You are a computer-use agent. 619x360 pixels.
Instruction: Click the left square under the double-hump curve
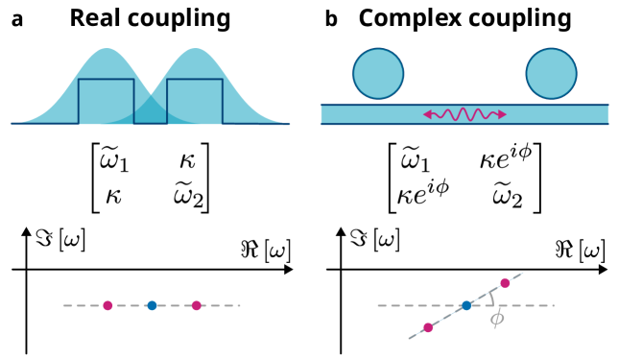[106, 102]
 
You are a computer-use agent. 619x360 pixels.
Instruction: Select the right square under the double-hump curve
[195, 102]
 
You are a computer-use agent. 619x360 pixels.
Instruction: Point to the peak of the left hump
[107, 50]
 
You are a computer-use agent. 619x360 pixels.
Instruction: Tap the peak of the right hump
[196, 50]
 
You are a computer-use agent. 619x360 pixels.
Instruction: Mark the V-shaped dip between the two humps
[151, 92]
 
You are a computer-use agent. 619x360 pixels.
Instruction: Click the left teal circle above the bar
[378, 74]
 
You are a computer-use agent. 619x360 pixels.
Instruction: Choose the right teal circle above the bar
[551, 74]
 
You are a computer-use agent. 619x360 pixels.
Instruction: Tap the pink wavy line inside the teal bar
[465, 115]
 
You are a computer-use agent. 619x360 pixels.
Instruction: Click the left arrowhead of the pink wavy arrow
[427, 115]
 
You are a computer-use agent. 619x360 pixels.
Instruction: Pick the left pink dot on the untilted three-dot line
[107, 305]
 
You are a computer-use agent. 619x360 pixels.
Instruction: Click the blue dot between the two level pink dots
[152, 305]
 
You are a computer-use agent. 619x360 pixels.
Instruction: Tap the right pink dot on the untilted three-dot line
[197, 305]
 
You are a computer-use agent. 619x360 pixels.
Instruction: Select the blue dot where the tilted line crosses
[466, 305]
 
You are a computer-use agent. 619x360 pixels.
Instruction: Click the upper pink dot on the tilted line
[505, 283]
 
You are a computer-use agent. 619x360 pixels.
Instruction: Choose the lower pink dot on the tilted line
[428, 327]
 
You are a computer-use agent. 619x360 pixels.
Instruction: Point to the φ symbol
[496, 319]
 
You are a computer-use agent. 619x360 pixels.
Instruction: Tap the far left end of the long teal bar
[323, 114]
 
